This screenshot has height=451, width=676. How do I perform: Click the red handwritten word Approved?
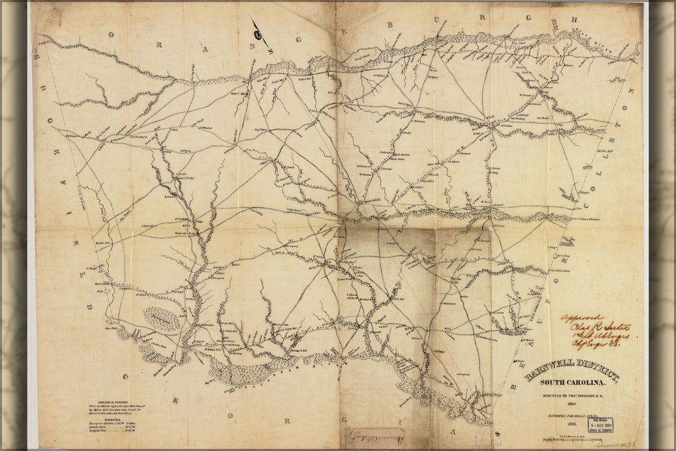581,318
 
